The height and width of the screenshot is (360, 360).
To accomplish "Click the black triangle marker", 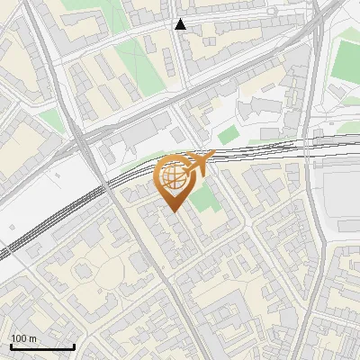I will [181, 24].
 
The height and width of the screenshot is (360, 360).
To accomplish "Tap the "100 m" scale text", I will [23, 338].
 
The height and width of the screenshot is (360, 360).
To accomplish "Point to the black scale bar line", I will [41, 346].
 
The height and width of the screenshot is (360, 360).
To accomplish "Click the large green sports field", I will [346, 58].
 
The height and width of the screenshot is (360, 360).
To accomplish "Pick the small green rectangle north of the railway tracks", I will [229, 135].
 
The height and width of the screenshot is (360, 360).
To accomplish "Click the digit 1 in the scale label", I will [13, 338].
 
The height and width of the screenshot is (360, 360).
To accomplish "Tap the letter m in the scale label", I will [32, 338].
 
